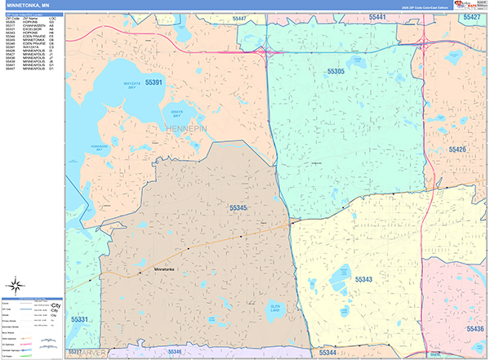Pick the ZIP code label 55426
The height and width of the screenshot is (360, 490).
457,149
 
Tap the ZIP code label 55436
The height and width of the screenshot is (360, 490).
475,327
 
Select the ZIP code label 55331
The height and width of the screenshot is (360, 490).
82,318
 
